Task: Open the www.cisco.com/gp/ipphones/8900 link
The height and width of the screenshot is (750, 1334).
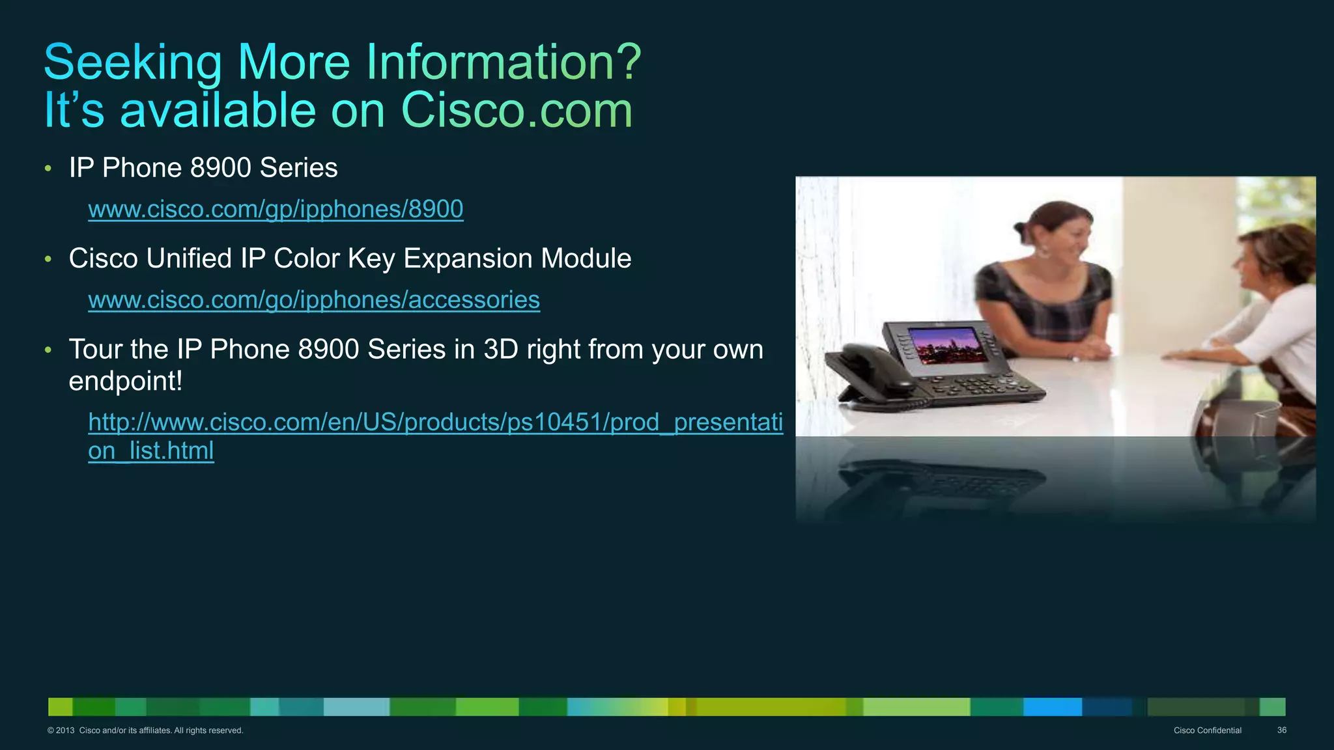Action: pos(276,209)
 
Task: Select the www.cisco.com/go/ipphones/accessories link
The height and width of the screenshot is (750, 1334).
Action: pos(314,299)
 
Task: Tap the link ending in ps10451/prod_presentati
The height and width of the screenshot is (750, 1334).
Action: pos(435,422)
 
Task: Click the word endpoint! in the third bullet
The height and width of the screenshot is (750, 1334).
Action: pos(125,381)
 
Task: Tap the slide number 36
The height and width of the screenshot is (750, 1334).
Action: pos(1281,730)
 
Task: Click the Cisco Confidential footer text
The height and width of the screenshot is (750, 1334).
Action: pos(1207,730)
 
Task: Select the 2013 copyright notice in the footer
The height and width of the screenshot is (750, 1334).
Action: pos(145,730)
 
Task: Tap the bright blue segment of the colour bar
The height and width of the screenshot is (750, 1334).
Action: pos(1052,706)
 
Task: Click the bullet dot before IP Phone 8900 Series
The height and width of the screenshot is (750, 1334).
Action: pos(48,169)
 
